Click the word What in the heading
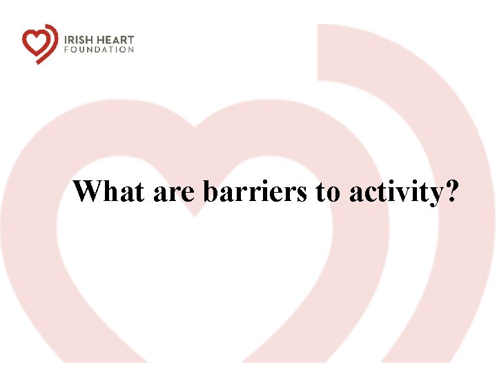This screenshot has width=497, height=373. coord(110,191)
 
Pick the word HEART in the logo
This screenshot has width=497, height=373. coord(115,39)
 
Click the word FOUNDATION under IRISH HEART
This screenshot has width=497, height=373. coord(99,50)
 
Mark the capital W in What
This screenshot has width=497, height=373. coord(88,191)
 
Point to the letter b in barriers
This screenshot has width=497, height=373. coord(210,191)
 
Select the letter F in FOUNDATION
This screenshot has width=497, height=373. coord(67,50)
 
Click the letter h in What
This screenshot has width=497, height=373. coord(110,191)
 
